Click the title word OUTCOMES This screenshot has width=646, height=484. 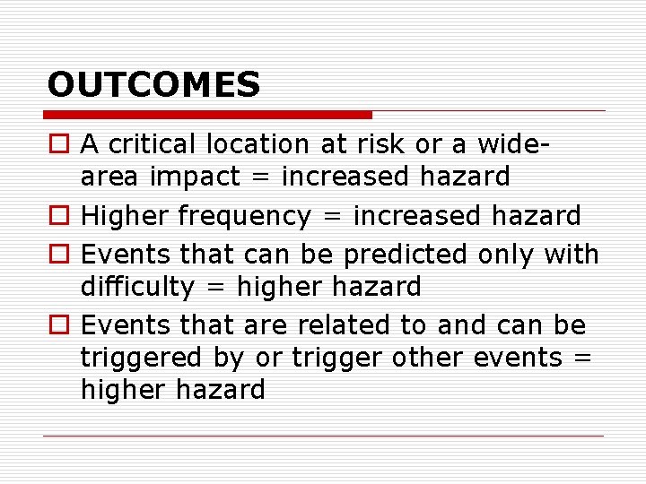(x=153, y=85)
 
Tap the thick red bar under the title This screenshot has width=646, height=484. (x=208, y=115)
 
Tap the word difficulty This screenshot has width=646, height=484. (x=136, y=287)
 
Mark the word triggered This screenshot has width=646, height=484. (x=142, y=358)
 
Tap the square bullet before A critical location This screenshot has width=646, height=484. (x=58, y=144)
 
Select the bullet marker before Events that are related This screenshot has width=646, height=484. (x=58, y=325)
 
